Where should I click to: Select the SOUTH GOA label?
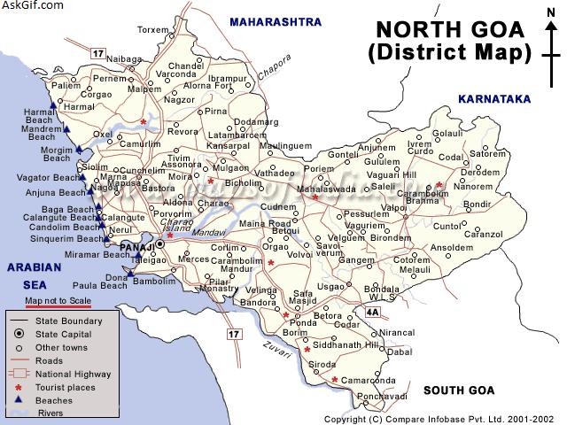(x=458, y=390)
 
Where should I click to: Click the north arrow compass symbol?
(x=551, y=35)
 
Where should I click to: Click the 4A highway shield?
(x=372, y=312)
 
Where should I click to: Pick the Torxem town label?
(x=152, y=29)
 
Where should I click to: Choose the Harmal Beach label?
(x=39, y=117)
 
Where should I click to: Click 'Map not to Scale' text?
(x=57, y=301)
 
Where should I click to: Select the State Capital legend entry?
(x=63, y=332)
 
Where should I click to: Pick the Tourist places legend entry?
(x=66, y=388)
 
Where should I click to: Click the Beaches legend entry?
(x=56, y=401)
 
